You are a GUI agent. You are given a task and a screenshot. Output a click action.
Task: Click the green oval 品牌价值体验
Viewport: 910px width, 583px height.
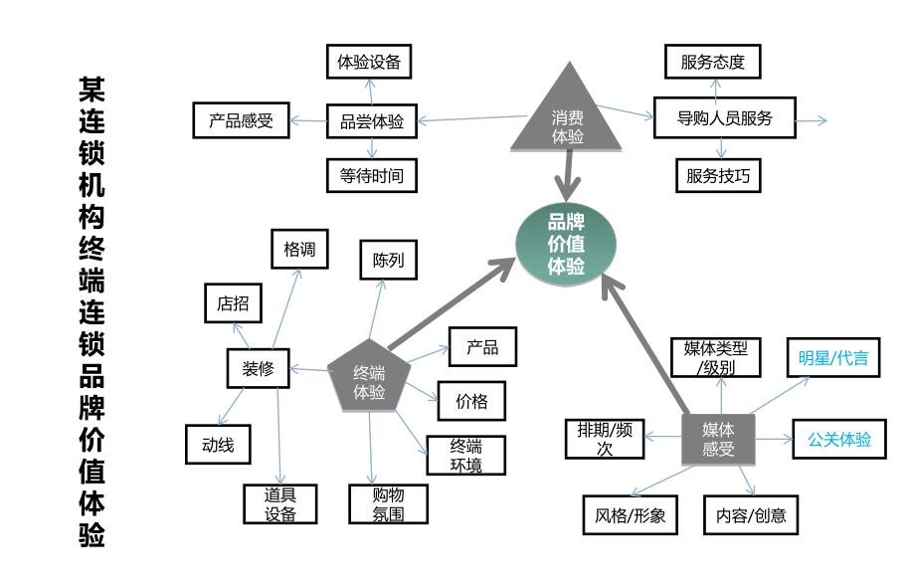pos(566,245)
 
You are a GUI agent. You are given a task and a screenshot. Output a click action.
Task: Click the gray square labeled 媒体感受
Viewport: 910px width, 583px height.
pos(717,439)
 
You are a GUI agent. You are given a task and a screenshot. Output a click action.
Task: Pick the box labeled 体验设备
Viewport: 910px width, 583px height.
pos(369,62)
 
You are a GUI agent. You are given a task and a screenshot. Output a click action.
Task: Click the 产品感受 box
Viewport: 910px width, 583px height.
pos(241,121)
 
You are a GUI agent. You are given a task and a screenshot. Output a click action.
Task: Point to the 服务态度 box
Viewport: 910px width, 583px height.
pos(712,62)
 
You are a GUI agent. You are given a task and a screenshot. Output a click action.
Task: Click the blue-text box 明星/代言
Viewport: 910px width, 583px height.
pos(832,358)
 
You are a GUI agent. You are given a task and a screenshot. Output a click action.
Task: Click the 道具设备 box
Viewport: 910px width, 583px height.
pos(280,503)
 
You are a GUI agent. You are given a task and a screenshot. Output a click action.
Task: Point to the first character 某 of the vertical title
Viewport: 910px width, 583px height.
pos(91,91)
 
